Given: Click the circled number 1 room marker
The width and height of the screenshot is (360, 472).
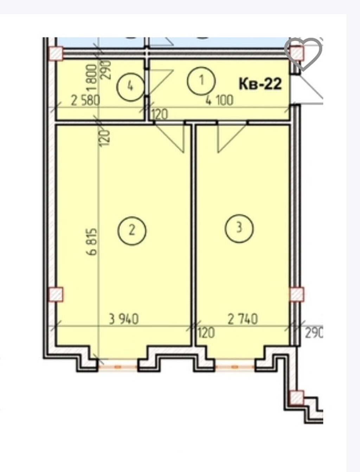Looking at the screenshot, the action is click(x=201, y=81).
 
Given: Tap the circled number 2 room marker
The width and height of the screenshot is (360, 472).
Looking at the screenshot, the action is click(x=131, y=231).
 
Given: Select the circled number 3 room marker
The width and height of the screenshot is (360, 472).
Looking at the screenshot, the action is click(x=239, y=228).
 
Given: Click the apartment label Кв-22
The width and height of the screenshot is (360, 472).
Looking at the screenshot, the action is click(x=260, y=84).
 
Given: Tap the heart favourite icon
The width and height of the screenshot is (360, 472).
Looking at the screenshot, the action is click(x=304, y=54).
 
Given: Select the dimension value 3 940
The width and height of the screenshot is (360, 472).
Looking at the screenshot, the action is click(x=124, y=319).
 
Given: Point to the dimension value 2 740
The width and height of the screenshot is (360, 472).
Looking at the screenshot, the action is click(x=243, y=319).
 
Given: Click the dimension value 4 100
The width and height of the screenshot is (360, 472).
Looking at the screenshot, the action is click(x=219, y=100).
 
